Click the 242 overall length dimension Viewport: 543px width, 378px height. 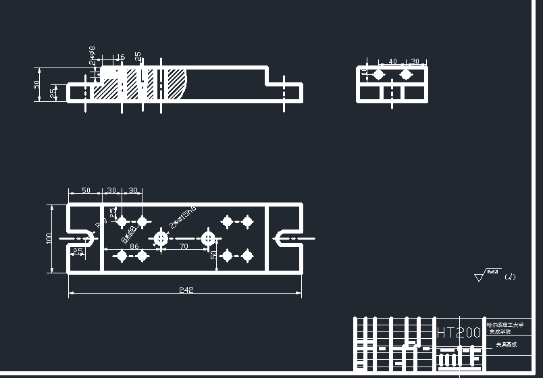[x=186, y=290]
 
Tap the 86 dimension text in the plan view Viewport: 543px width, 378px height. [x=134, y=247]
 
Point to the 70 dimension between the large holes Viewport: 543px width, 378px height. [x=184, y=247]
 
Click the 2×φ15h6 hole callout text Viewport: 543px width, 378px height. [x=183, y=218]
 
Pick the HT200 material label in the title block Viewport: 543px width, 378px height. [x=459, y=333]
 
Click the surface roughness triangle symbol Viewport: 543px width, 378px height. [x=480, y=276]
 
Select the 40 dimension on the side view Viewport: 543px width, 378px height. [x=392, y=61]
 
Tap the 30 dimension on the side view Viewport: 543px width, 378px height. [x=415, y=61]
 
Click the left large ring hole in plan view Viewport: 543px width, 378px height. [x=161, y=238]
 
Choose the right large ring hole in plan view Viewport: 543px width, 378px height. [x=208, y=238]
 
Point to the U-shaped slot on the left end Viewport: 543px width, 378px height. [x=82, y=238]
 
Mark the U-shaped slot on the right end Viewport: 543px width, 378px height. [x=285, y=238]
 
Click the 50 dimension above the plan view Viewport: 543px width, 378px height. [x=86, y=191]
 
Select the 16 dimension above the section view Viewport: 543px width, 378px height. [x=121, y=57]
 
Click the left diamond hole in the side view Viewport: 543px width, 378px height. [x=379, y=74]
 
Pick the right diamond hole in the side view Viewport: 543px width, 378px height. [x=405, y=74]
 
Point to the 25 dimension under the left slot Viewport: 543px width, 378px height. [x=78, y=252]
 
